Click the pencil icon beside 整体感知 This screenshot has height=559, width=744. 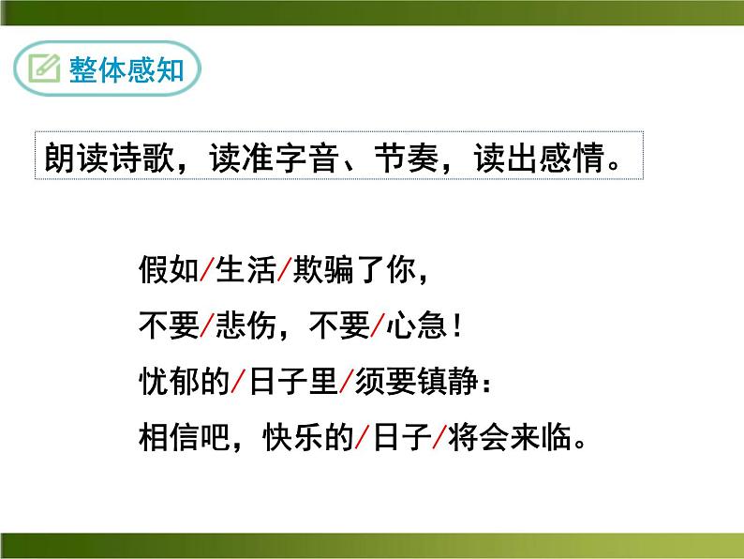click(x=44, y=69)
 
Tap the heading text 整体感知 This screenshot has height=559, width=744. click(x=126, y=69)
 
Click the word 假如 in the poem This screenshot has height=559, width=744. click(x=168, y=273)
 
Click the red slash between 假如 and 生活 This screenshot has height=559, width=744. click(x=207, y=273)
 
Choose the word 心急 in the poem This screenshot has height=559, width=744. click(x=416, y=327)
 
